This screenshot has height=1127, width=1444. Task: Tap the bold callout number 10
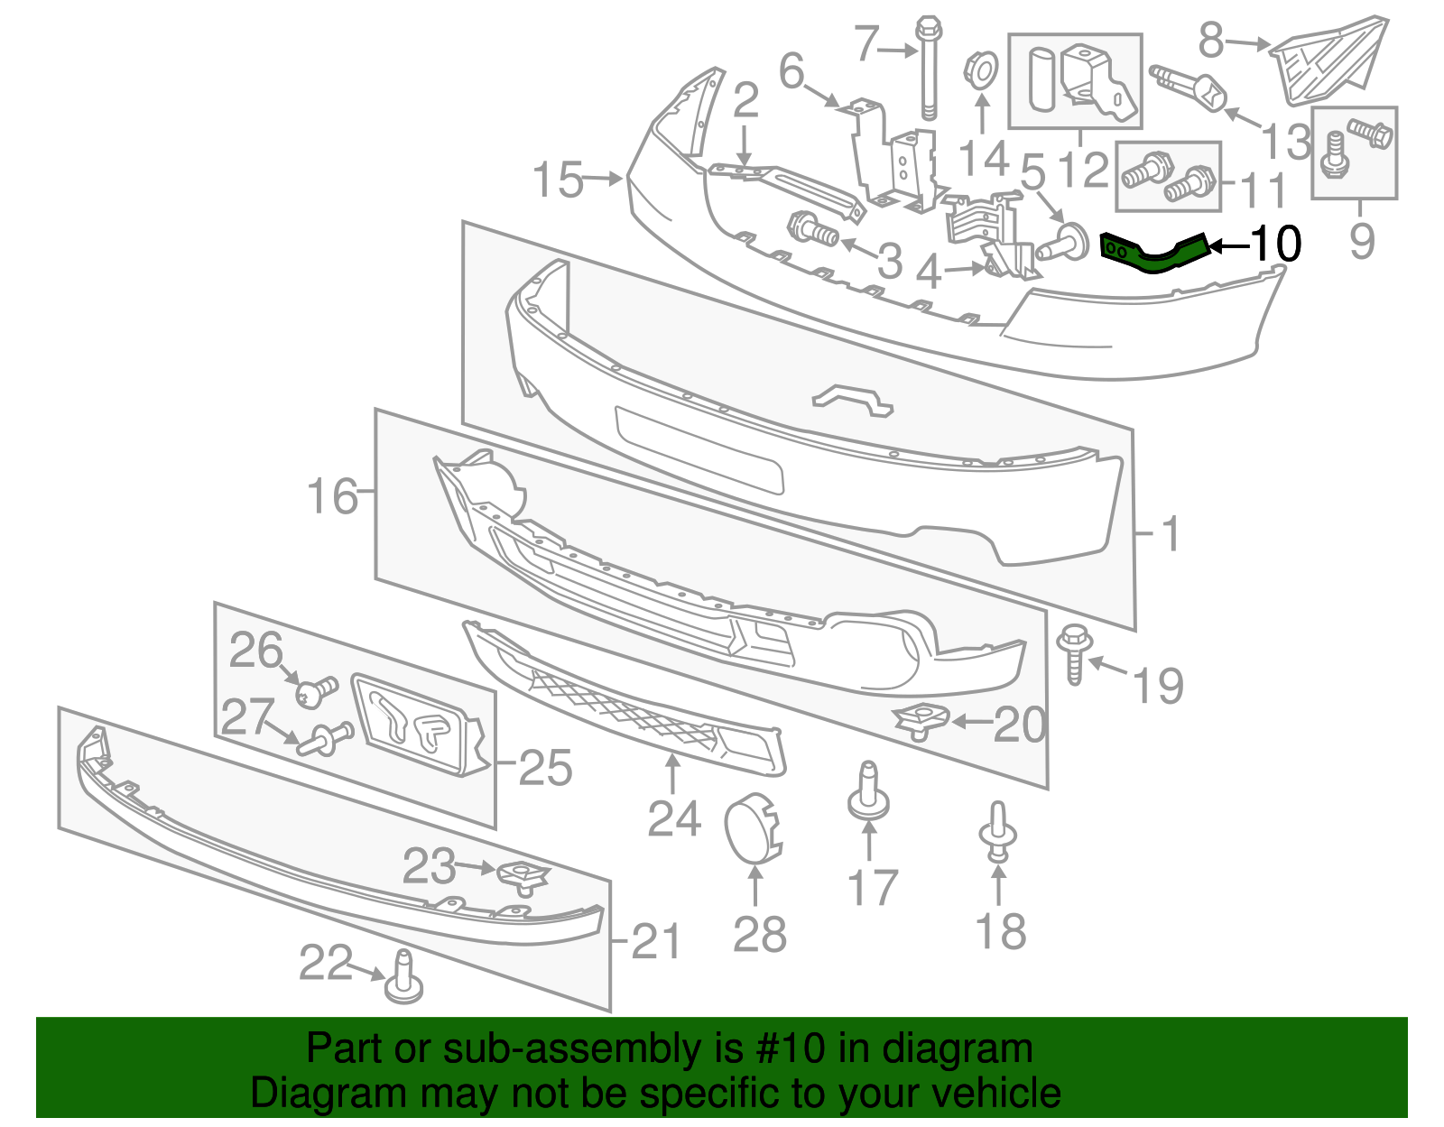(x=1276, y=244)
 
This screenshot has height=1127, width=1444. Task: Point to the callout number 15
(x=558, y=180)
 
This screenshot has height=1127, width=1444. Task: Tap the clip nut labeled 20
(x=921, y=719)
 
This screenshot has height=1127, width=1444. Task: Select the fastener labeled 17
(x=868, y=794)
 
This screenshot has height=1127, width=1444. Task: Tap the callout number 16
(x=332, y=496)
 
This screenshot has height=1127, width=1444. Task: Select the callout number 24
(x=673, y=819)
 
